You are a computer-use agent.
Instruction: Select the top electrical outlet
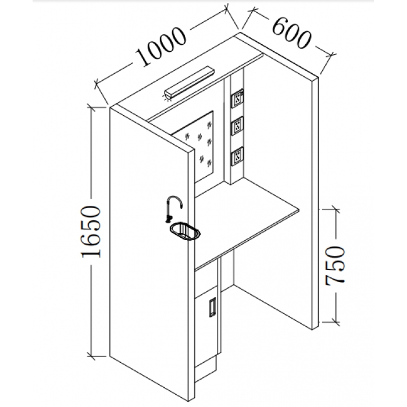tap(237, 99)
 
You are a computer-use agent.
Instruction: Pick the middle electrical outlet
tap(237, 127)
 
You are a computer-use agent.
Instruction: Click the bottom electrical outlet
tap(237, 156)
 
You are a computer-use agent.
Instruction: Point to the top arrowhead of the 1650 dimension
tap(91, 107)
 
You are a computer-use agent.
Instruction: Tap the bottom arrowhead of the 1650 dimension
tap(91, 355)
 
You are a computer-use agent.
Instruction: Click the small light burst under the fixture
tap(168, 97)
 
